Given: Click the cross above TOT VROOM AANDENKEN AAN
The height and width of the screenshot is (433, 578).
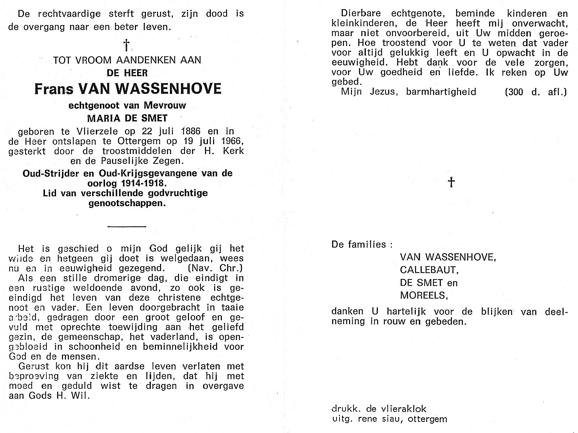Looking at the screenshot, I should [126, 45].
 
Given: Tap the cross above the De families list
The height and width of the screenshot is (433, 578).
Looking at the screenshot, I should [451, 182].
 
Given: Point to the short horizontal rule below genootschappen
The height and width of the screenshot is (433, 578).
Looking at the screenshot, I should [127, 226].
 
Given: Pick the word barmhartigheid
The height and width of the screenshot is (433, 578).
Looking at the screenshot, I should [441, 92].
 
